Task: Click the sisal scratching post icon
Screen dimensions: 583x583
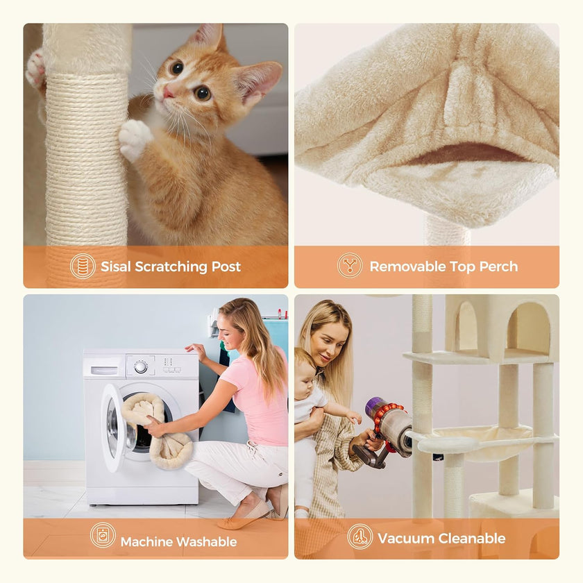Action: coord(83,267)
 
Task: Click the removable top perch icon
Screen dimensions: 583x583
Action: coord(350,267)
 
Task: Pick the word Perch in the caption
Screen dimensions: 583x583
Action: coord(498,267)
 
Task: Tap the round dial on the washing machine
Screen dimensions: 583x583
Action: coord(141,366)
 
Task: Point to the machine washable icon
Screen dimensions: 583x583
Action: coord(103,535)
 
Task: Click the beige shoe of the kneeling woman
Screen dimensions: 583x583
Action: coord(246,516)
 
